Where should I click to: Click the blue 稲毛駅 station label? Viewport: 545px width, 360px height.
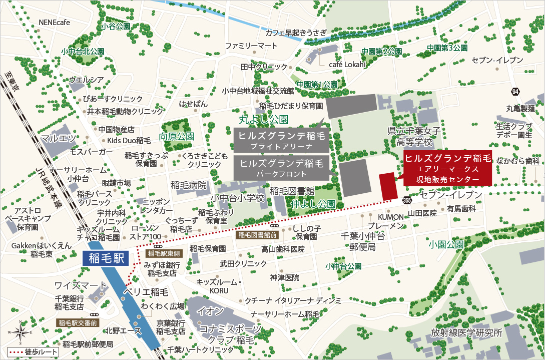(x=105, y=258)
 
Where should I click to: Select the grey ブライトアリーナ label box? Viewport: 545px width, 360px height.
(x=281, y=140)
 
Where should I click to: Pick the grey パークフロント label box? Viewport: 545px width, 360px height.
(x=281, y=167)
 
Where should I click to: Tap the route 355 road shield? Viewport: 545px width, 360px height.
(x=406, y=200)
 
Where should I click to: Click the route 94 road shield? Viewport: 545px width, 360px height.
(x=515, y=92)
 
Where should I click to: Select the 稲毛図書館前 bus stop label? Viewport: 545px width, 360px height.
(x=257, y=234)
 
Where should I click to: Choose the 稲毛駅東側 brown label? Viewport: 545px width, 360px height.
(x=159, y=253)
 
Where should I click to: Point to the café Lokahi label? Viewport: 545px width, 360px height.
(x=348, y=65)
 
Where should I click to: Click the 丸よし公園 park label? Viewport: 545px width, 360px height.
(x=263, y=120)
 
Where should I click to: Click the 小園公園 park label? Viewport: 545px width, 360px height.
(x=446, y=245)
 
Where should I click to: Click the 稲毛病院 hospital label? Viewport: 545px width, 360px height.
(x=188, y=185)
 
